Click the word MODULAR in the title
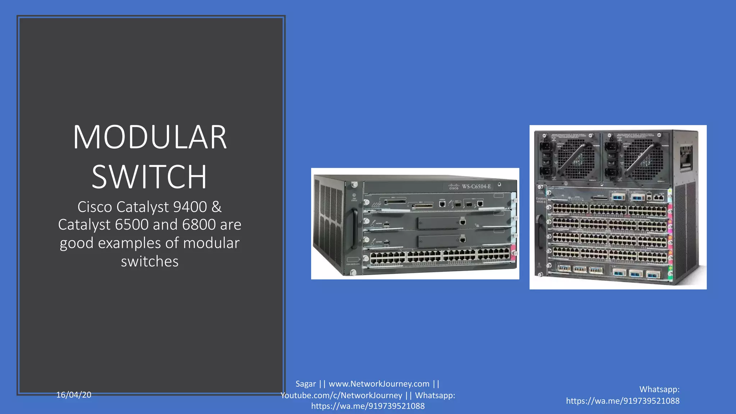(149, 137)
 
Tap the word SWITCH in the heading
(149, 177)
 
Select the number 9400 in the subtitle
(190, 207)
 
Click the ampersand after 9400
(216, 207)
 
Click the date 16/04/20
(74, 395)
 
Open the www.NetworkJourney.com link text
(379, 384)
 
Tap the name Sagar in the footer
(305, 384)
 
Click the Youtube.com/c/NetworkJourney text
(341, 395)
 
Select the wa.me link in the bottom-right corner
(622, 401)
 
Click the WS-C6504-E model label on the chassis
(476, 187)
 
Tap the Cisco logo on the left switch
(454, 187)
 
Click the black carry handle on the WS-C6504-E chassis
(354, 229)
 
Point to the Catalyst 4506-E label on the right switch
(541, 200)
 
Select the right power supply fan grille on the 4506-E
(643, 158)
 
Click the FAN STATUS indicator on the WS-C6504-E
(354, 197)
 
